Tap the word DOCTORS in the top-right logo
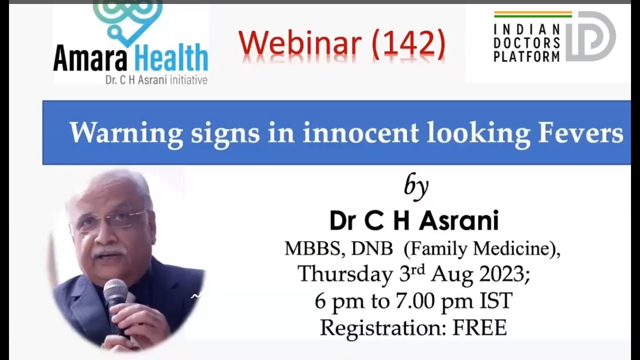pyautogui.click(x=527, y=43)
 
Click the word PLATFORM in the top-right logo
pyautogui.click(x=527, y=56)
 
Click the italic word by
pyautogui.click(x=416, y=186)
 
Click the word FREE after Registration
pyautogui.click(x=479, y=327)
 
